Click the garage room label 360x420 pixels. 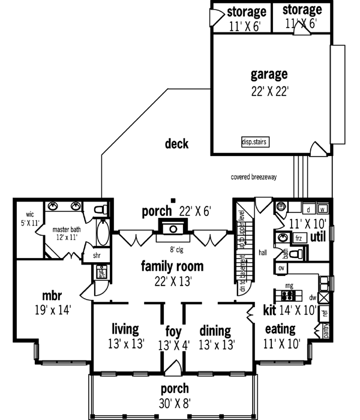(269, 75)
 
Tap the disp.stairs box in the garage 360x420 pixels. (254, 142)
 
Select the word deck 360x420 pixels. (177, 144)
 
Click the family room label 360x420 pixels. (172, 266)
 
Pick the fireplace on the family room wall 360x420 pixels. (172, 229)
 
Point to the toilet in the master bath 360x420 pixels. (101, 209)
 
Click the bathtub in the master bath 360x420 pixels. (103, 234)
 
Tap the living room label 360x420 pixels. (125, 329)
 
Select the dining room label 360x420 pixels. (215, 330)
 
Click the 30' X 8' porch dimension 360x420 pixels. (175, 402)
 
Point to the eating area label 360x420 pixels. (280, 329)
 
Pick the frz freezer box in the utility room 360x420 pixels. (299, 238)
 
